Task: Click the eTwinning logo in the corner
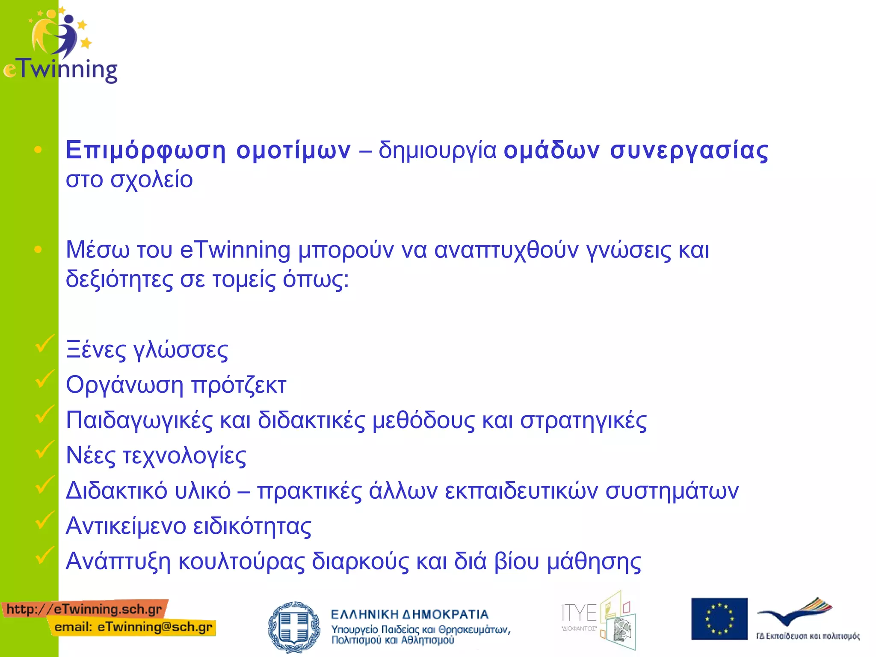tap(60, 45)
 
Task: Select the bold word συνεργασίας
tap(689, 151)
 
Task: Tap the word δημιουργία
tap(438, 151)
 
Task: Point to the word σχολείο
tap(151, 180)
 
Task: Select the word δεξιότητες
tap(119, 280)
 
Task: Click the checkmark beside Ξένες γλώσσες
tap(44, 344)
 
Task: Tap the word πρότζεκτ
tap(238, 385)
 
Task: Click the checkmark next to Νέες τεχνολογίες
tap(44, 450)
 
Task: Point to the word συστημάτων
tap(672, 491)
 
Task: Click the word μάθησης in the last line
tap(594, 562)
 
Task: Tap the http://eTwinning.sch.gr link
tap(84, 609)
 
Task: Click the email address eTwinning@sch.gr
tap(155, 627)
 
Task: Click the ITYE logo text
tap(579, 614)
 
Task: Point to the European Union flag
tap(719, 619)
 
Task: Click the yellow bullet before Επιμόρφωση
tap(38, 149)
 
